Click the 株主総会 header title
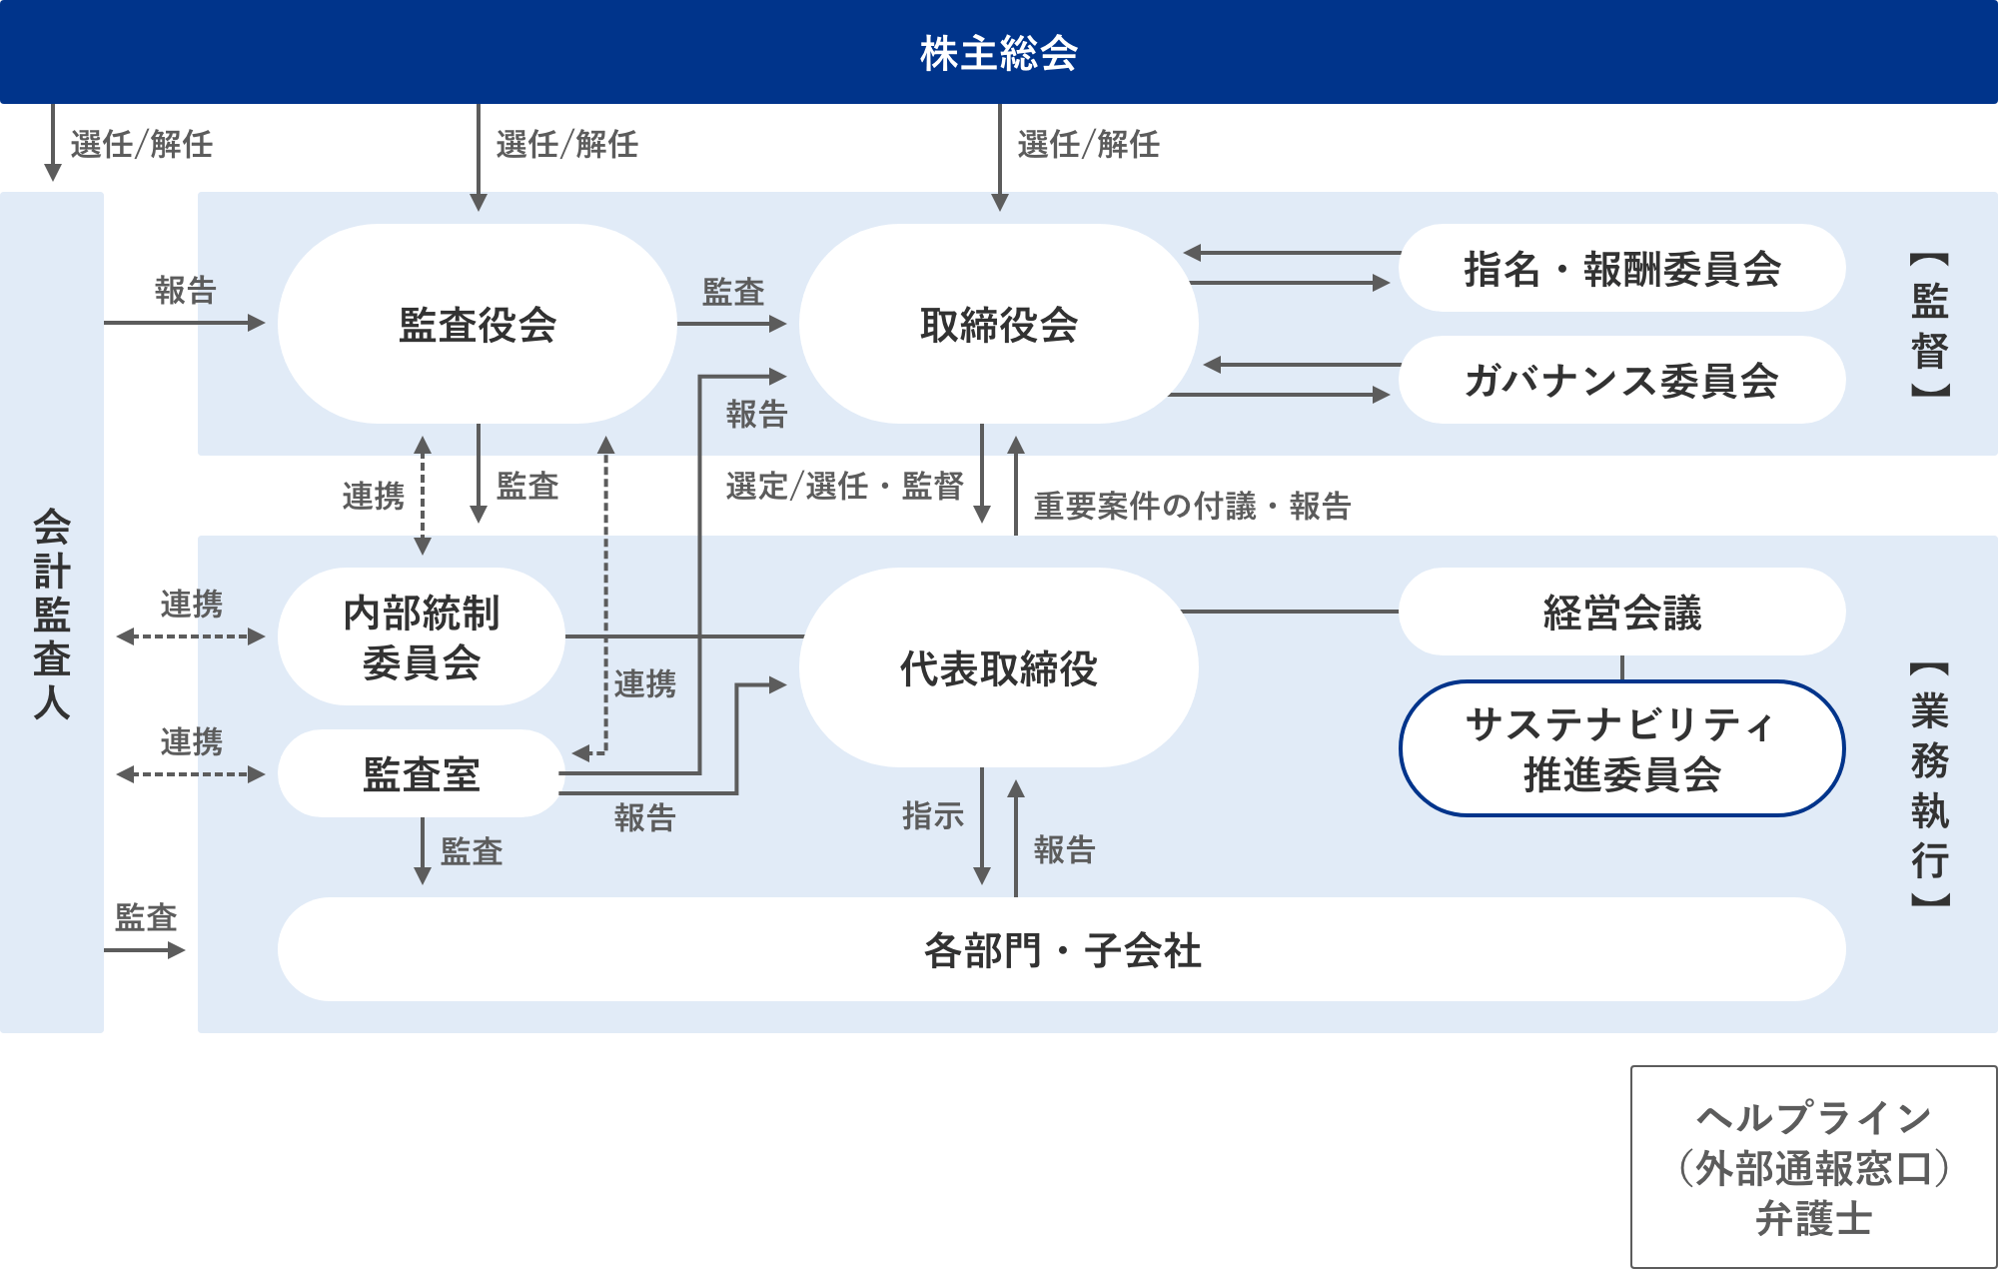point(999,53)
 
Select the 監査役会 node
point(478,325)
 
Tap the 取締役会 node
point(999,325)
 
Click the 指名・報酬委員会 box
point(1621,269)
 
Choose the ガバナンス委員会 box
point(1621,381)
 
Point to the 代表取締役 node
point(999,668)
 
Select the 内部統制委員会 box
point(422,637)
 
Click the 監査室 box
point(422,774)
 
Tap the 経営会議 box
point(1621,613)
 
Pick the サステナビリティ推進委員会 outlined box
point(1621,749)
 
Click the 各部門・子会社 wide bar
point(1061,950)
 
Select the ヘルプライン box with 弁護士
point(1813,1167)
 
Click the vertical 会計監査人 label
point(52,613)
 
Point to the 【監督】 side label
point(1929,325)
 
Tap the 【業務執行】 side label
point(1929,784)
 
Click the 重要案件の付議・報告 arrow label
point(1192,506)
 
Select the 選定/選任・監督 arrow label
point(844,486)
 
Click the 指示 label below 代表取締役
point(932,815)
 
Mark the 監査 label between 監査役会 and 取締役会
point(733,292)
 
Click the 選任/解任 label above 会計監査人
point(141,144)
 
